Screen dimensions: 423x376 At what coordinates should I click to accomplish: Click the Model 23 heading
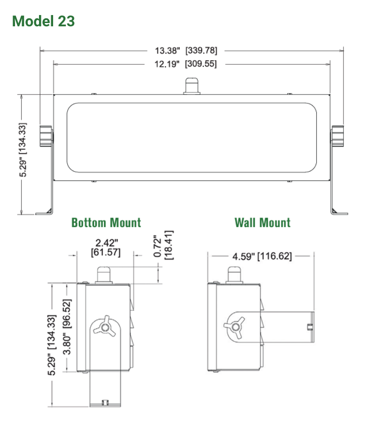[43, 21]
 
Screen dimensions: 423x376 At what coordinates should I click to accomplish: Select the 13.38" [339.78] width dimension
[186, 50]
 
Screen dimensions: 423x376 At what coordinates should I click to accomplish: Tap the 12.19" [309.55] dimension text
[186, 64]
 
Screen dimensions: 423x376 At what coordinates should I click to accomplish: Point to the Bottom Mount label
[106, 222]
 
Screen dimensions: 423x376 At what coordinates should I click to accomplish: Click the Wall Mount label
[263, 222]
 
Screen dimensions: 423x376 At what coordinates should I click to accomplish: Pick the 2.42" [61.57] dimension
[106, 248]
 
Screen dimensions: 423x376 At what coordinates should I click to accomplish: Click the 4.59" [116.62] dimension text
[262, 256]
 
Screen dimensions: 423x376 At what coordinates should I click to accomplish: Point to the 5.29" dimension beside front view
[23, 150]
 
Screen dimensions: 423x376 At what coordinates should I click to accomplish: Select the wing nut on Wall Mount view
[235, 326]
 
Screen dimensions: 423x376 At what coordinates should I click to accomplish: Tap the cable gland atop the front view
[191, 86]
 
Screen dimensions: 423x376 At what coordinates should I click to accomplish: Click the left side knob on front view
[46, 136]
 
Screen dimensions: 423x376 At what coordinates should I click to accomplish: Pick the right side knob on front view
[339, 136]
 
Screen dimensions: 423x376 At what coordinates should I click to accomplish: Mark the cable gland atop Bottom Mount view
[105, 274]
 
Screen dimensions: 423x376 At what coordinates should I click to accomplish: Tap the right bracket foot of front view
[339, 212]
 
